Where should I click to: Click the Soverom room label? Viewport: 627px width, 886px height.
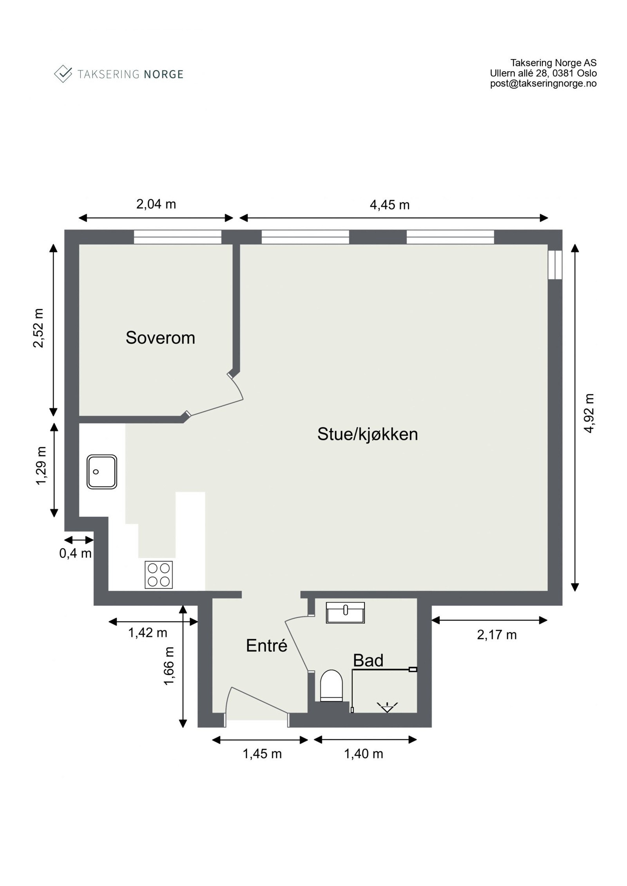click(x=160, y=338)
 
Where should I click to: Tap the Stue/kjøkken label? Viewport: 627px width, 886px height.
click(x=367, y=434)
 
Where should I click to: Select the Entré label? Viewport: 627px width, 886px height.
click(x=266, y=646)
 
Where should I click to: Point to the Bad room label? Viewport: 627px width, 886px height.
click(x=368, y=661)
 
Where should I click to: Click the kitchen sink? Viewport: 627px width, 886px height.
click(x=102, y=472)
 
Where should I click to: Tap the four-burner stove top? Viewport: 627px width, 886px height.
click(x=158, y=575)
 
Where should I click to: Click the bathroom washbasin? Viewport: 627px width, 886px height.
click(x=345, y=613)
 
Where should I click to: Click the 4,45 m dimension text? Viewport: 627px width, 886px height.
click(x=390, y=205)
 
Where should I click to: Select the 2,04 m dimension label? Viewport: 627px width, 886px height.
click(x=156, y=204)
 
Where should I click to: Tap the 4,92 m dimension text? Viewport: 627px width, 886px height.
click(x=589, y=413)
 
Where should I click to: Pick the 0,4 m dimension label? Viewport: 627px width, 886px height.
click(x=75, y=553)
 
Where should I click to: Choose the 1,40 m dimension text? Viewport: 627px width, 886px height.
click(x=363, y=754)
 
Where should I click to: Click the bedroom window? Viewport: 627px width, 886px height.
click(x=178, y=237)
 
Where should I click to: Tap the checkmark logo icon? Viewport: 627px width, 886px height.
click(x=63, y=74)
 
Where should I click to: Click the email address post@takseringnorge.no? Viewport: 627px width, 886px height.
click(x=543, y=83)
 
